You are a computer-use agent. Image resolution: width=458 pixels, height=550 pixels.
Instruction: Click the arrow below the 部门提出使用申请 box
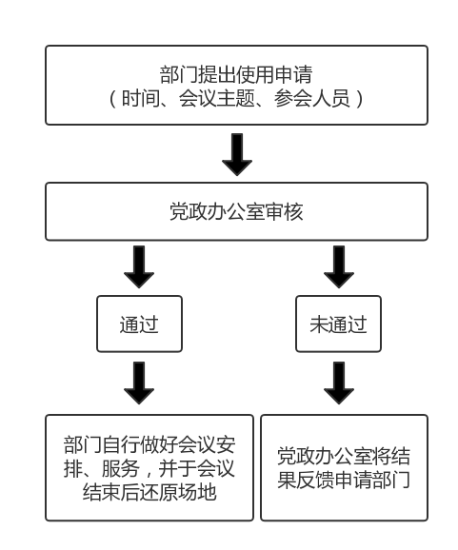[237, 154]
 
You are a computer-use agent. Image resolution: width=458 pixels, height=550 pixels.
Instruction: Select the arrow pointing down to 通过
[139, 266]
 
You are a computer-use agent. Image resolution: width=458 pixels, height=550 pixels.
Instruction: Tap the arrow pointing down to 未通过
[339, 266]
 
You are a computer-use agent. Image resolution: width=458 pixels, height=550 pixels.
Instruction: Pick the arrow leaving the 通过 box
[139, 383]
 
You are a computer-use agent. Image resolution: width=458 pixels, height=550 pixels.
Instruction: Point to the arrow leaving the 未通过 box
[339, 383]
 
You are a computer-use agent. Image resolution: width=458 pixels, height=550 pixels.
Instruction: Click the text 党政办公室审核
[236, 211]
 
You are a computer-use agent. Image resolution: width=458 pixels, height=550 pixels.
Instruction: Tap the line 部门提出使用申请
[236, 75]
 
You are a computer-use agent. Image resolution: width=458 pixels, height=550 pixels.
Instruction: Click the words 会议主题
[217, 98]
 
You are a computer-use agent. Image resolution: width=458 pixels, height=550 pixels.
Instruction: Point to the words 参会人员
[312, 98]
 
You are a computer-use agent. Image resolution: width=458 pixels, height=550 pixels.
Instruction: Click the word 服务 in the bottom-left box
[120, 468]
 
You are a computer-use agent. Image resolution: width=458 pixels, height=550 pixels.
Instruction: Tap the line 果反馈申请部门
[344, 480]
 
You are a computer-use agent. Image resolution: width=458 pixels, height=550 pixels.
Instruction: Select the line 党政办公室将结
[344, 456]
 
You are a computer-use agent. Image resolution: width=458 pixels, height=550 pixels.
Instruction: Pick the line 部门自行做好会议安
[149, 444]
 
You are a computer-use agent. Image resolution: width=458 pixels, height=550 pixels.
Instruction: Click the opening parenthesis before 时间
[112, 99]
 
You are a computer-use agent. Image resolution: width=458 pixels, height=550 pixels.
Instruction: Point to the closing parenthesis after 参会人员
[359, 99]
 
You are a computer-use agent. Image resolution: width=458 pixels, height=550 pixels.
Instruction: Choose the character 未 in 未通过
[319, 324]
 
